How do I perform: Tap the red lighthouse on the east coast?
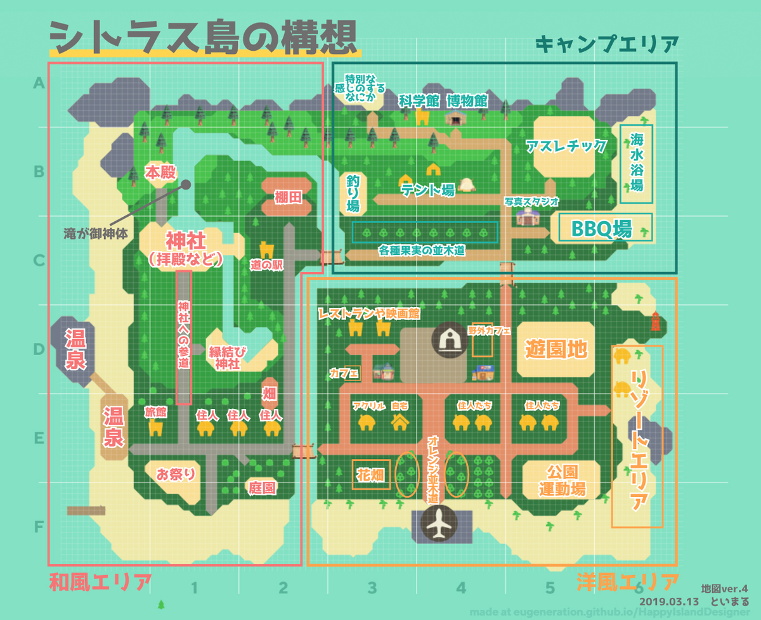click(x=655, y=321)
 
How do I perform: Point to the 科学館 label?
click(x=419, y=100)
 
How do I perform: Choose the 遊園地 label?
click(x=556, y=349)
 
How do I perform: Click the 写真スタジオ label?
click(x=531, y=202)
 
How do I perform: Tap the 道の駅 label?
click(x=266, y=266)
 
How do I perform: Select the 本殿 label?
click(x=160, y=172)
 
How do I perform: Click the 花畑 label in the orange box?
click(x=372, y=475)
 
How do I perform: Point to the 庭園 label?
click(x=261, y=488)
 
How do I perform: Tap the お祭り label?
click(x=175, y=474)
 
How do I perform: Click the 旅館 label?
click(x=155, y=411)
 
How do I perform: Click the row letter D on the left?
click(x=39, y=349)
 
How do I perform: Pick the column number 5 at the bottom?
click(x=550, y=588)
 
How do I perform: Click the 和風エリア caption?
click(x=100, y=581)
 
